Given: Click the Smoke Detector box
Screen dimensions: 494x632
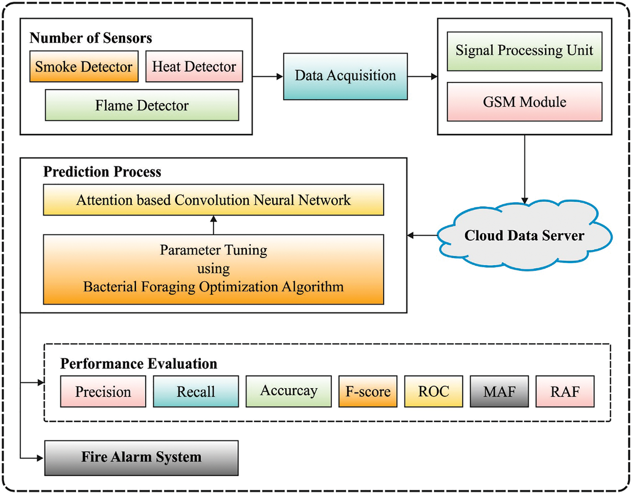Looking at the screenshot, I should [x=84, y=67].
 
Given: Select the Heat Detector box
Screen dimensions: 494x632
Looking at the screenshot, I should [x=194, y=67].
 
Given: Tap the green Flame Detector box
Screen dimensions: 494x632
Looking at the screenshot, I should [x=142, y=105].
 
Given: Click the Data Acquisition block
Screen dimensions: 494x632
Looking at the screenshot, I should [x=345, y=76].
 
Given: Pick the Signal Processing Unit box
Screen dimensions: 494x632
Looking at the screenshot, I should [x=524, y=51].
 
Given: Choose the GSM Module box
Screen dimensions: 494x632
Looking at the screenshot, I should [x=524, y=102].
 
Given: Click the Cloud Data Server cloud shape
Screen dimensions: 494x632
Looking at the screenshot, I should [x=524, y=236].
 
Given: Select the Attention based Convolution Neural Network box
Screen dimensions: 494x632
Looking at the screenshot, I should [x=213, y=200].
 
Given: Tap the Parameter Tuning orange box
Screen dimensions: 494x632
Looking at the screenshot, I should [x=213, y=269].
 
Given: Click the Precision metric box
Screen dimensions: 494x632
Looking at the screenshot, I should [x=103, y=391].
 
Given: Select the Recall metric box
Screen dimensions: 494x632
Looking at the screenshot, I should [x=195, y=391].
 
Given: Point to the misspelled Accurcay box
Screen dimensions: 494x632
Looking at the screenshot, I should [x=289, y=391].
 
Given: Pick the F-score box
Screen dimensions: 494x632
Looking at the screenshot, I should [x=368, y=391].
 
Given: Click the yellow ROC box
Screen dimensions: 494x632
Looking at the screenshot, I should [x=433, y=391].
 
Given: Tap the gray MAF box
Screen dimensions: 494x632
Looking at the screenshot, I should [x=499, y=391].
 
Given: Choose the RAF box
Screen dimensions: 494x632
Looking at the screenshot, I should [x=565, y=391].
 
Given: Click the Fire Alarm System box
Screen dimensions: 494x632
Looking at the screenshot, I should [x=141, y=458].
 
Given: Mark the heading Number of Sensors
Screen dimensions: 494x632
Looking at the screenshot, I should [x=91, y=38].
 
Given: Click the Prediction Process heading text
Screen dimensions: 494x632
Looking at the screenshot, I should [x=102, y=172].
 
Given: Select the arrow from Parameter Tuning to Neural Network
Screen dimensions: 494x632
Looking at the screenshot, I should [x=214, y=225].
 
